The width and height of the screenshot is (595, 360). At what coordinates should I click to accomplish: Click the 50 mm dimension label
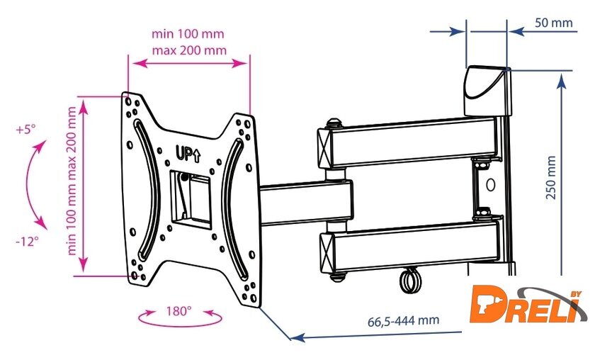[554, 23]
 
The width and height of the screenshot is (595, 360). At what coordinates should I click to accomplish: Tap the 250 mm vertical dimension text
[551, 178]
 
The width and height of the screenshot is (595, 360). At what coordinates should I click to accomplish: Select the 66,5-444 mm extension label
[403, 320]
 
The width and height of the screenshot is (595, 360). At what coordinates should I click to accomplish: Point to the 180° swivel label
[178, 311]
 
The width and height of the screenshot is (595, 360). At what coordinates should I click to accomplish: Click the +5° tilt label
[25, 130]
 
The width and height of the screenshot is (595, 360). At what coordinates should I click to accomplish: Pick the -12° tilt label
[27, 241]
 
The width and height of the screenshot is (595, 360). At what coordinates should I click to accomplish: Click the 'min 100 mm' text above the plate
[188, 34]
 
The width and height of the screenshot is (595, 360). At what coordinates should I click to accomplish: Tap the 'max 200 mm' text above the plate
[189, 50]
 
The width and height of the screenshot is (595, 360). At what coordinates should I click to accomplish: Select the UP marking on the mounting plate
[188, 153]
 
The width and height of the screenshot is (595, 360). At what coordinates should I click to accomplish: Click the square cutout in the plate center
[191, 198]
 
